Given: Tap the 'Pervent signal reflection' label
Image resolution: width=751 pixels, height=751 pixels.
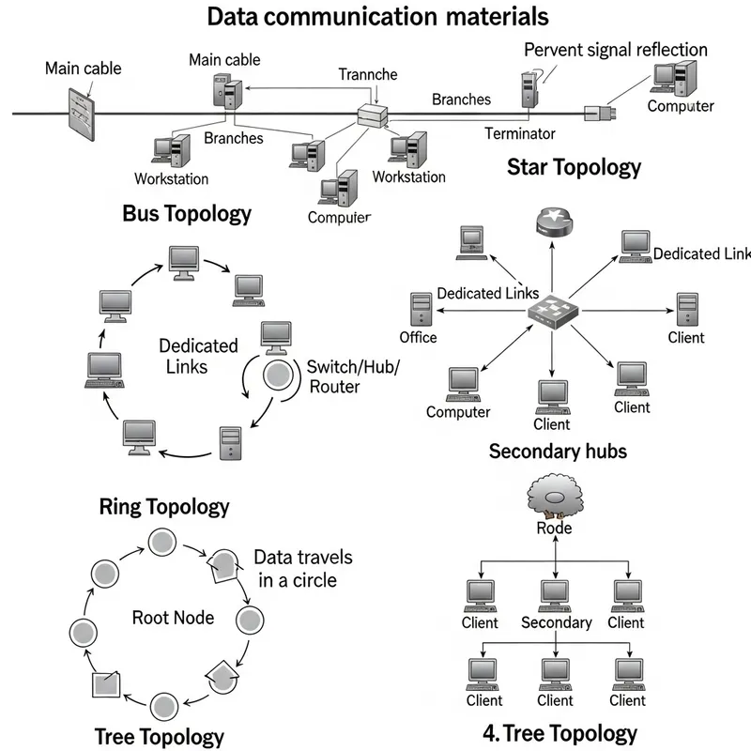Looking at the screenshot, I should [615, 50].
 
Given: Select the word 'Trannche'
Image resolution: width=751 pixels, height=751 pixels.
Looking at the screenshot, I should [367, 75].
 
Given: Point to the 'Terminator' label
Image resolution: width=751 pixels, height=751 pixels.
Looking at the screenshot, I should [519, 133].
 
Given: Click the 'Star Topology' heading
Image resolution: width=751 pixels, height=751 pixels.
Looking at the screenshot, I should [574, 167].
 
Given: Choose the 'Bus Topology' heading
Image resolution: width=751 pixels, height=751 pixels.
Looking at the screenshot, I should [187, 213].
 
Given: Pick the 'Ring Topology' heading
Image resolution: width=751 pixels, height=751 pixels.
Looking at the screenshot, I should [163, 507].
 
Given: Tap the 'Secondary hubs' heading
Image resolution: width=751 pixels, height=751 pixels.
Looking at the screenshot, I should [558, 452].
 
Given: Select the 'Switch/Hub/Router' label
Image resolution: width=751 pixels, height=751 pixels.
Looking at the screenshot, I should [353, 375].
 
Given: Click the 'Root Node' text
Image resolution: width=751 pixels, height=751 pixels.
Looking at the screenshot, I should [173, 617].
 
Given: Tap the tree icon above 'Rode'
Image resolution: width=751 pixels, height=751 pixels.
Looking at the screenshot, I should [553, 496].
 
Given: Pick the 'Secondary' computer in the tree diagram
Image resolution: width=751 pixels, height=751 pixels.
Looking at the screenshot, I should [555, 594].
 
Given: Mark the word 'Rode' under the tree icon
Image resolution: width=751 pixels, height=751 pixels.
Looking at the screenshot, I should [554, 528].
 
